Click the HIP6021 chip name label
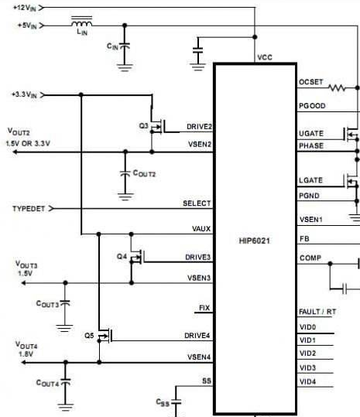coord(255,241)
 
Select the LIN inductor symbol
coord(82,22)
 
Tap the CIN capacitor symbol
coord(125,46)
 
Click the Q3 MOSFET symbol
coord(157,126)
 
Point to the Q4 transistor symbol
coord(137,257)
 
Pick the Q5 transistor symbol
coord(105,336)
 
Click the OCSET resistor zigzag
coord(337,87)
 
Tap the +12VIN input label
coord(25,8)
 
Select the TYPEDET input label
coord(29,209)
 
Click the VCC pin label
coord(265,57)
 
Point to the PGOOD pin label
coord(312,106)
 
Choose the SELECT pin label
coord(197,203)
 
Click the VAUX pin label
coord(201,229)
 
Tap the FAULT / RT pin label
coord(317,312)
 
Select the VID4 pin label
coord(307,381)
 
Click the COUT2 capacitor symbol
coord(125,173)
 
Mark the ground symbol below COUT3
coord(64,328)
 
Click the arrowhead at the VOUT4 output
coord(23,362)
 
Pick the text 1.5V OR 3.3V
coord(28,144)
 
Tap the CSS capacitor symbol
coord(176,402)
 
